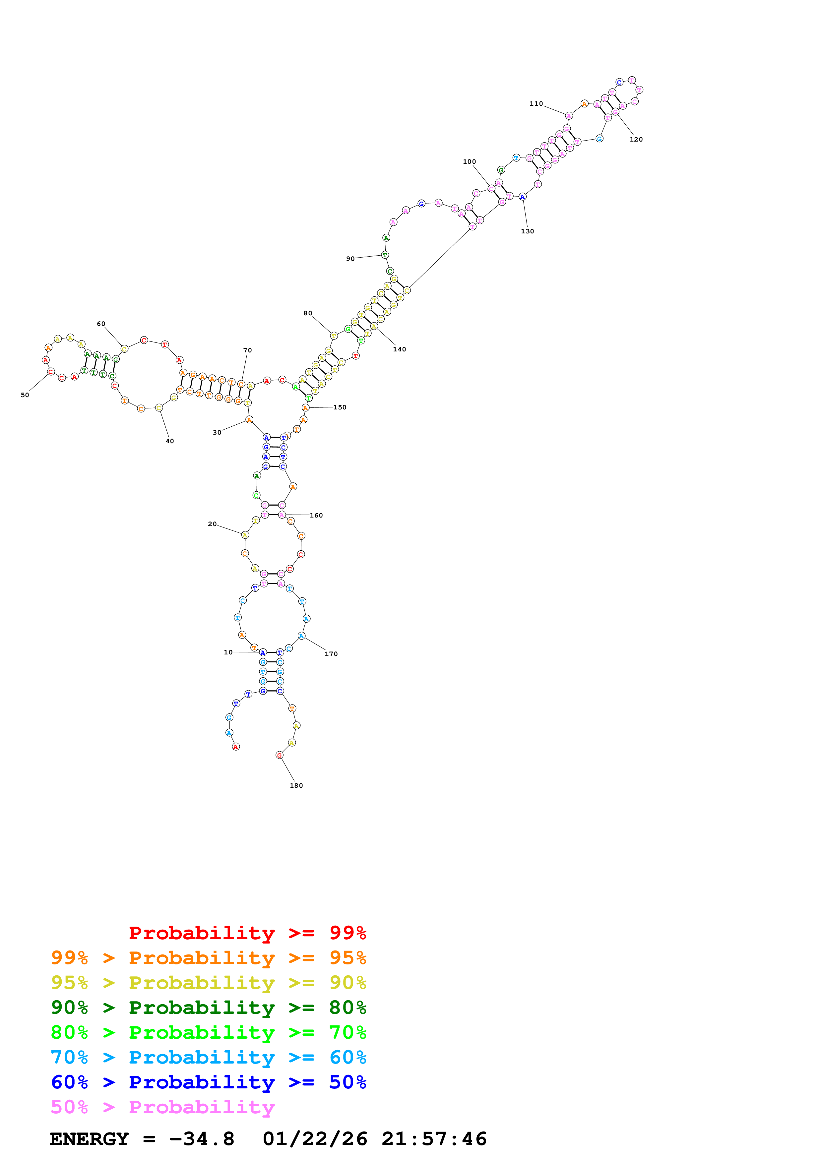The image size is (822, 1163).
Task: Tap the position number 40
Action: click(170, 441)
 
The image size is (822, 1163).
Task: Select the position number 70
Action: click(247, 350)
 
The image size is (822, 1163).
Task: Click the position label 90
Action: click(350, 259)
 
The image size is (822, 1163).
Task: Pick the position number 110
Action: click(536, 104)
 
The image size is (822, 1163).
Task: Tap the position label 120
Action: click(636, 139)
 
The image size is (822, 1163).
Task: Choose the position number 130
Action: click(527, 231)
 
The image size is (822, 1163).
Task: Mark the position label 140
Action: click(399, 349)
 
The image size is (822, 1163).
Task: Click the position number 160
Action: click(316, 515)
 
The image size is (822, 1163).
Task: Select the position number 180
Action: click(296, 786)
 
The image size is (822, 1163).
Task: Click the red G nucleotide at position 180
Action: click(279, 755)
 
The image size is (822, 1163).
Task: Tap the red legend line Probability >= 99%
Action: click(247, 933)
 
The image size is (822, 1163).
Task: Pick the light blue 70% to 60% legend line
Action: click(208, 1057)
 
